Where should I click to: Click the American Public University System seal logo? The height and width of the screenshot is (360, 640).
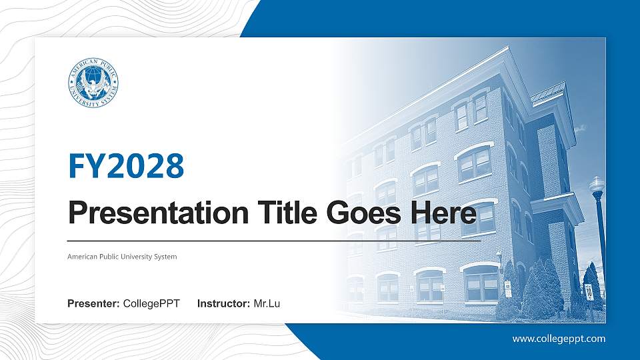[94, 82]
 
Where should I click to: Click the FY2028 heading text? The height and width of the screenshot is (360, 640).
[126, 166]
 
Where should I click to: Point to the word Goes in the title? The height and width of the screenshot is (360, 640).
[359, 214]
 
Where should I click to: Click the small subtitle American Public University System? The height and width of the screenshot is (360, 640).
[122, 257]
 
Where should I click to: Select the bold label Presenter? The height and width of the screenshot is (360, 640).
[93, 305]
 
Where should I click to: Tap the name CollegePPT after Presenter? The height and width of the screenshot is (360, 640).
[151, 305]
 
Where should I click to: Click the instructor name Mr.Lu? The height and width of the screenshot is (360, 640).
[267, 305]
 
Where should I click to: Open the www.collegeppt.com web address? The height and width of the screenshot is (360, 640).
[559, 339]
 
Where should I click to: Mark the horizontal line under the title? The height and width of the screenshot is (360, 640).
[273, 240]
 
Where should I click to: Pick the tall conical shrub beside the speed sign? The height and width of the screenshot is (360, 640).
[553, 287]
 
